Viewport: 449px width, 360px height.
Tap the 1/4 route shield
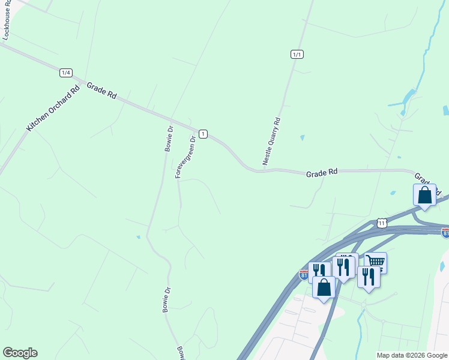66,73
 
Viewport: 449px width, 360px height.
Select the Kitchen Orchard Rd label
53,108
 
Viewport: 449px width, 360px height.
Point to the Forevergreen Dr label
185,157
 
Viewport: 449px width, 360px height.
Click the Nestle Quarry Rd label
271,141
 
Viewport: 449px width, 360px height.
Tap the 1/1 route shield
297,55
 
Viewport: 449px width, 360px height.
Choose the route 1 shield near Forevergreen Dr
203,134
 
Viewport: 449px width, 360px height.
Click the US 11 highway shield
382,223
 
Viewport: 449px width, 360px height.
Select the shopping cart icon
376,262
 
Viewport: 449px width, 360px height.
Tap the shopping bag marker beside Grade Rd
424,196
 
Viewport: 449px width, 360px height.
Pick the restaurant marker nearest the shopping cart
368,277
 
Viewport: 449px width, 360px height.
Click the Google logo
20,353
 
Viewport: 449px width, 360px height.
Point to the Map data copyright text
412,355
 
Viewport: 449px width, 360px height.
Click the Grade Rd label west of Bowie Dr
101,91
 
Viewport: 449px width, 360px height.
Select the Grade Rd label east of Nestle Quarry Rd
322,173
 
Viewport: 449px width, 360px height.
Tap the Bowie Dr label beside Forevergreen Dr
170,138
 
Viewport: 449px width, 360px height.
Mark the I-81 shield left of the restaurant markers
305,275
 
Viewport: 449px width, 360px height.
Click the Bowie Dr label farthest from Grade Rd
179,353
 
